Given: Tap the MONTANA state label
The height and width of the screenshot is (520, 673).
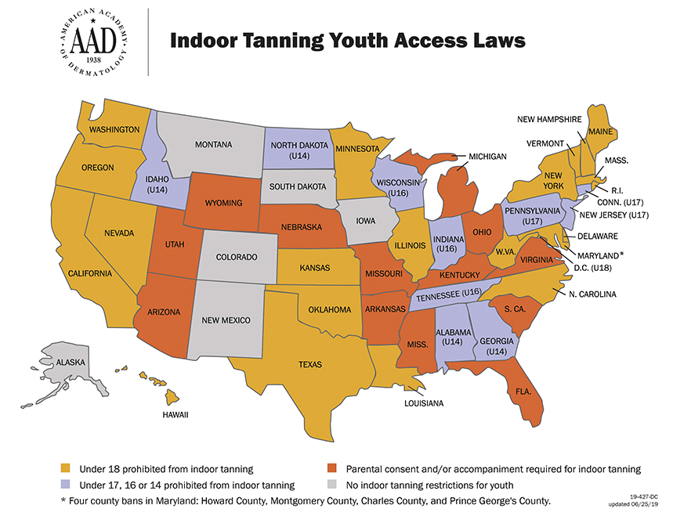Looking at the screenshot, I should pos(213,145).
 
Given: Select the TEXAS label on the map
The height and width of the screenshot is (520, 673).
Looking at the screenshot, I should pos(310,364).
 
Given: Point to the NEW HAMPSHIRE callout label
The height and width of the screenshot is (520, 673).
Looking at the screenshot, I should pos(548,119).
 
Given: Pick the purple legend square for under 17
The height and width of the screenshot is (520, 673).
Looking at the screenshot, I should pos(67,485).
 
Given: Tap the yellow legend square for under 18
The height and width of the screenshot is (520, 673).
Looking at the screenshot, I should pos(67,469).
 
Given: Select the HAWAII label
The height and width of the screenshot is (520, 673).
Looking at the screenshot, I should pos(175,414).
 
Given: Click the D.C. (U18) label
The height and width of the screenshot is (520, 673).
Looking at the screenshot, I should pos(592,268).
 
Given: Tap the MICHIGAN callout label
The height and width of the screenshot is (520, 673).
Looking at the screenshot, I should pos(487,157).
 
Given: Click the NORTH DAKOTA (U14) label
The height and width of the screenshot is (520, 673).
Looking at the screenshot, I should pos(298,150).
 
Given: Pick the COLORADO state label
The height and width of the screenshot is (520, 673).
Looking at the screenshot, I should pos(237,257).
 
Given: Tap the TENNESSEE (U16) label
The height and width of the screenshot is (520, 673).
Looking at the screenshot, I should pos(447,295).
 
